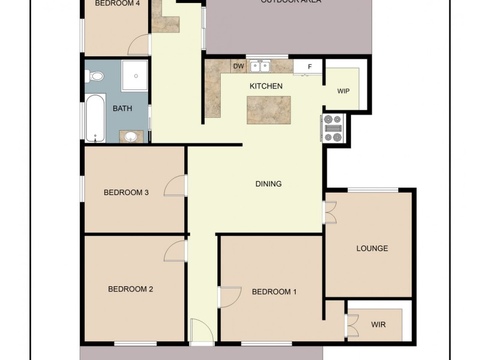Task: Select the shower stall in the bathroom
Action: tap(137, 76)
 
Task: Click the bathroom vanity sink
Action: tap(131, 137)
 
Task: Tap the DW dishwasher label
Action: tap(238, 66)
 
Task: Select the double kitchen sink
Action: tap(260, 66)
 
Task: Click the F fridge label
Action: tap(310, 67)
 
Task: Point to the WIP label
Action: tap(343, 91)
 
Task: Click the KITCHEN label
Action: tap(266, 86)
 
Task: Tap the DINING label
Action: tap(268, 184)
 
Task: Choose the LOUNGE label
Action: tap(372, 248)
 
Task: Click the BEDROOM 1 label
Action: tap(274, 292)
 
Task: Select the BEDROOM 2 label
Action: tap(131, 289)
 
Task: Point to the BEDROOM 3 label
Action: tap(126, 193)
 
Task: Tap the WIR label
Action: tap(379, 325)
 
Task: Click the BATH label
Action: tap(122, 109)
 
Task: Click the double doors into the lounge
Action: tap(330, 213)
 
